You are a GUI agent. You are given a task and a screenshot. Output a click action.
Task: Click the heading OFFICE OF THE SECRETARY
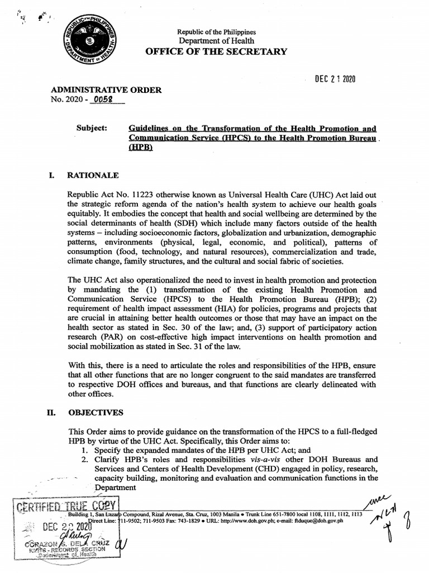pos(216,51)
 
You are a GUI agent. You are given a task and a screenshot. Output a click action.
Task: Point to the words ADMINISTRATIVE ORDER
pos(106,90)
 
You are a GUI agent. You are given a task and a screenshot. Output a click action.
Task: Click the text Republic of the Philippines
pos(216,30)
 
